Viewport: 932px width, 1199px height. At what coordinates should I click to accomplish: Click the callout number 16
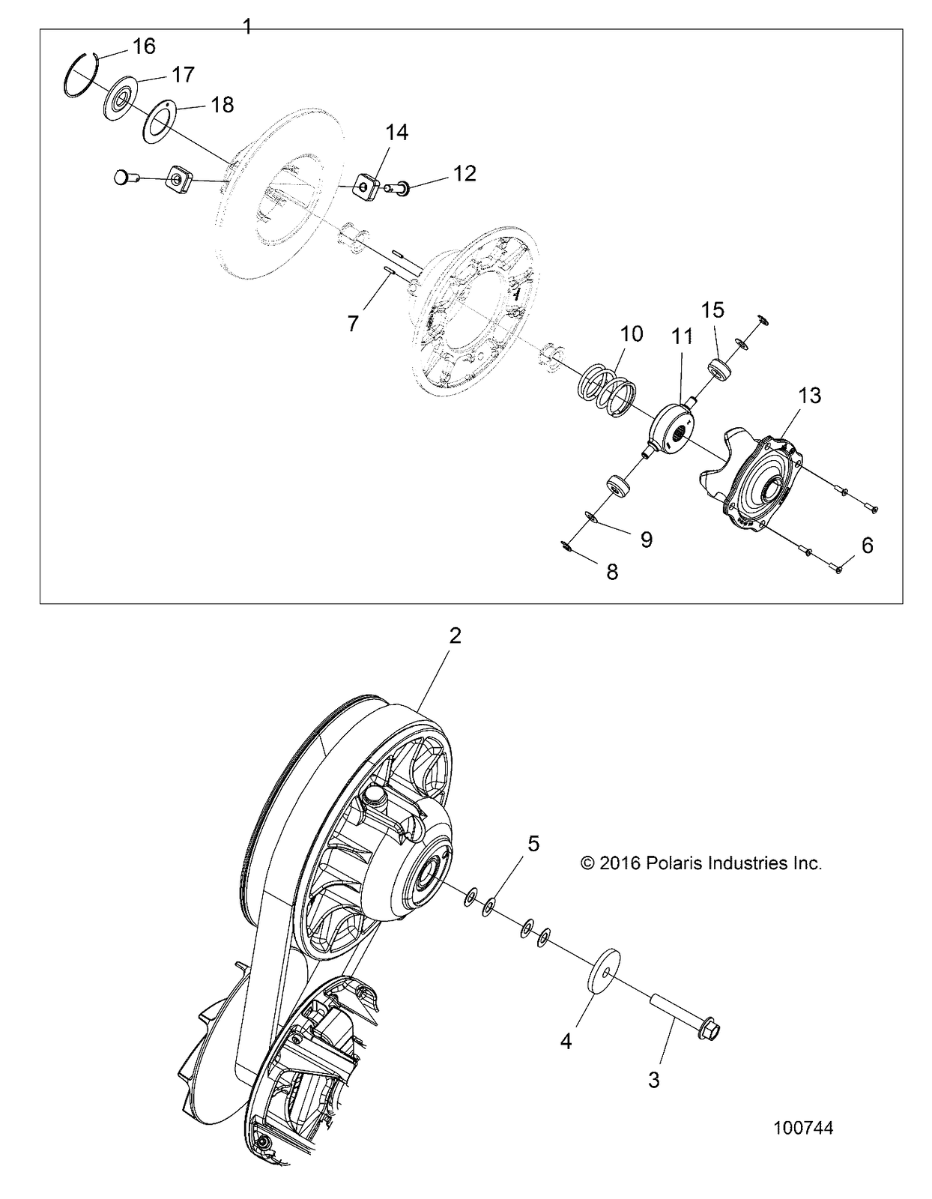pyautogui.click(x=144, y=46)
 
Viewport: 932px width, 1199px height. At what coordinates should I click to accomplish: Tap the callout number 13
pyautogui.click(x=810, y=395)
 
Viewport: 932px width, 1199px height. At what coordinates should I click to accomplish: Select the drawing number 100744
pyautogui.click(x=803, y=1129)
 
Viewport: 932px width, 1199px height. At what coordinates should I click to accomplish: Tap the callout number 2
pyautogui.click(x=455, y=636)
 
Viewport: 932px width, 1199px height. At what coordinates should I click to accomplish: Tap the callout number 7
pyautogui.click(x=353, y=323)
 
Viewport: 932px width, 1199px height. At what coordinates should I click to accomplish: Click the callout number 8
pyautogui.click(x=612, y=572)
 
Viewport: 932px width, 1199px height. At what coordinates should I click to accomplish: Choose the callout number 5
pyautogui.click(x=533, y=844)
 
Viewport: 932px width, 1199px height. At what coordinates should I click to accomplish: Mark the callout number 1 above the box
pyautogui.click(x=248, y=27)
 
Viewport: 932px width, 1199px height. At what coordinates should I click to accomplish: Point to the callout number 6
pyautogui.click(x=867, y=546)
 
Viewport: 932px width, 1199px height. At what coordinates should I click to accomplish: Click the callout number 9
pyautogui.click(x=646, y=538)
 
